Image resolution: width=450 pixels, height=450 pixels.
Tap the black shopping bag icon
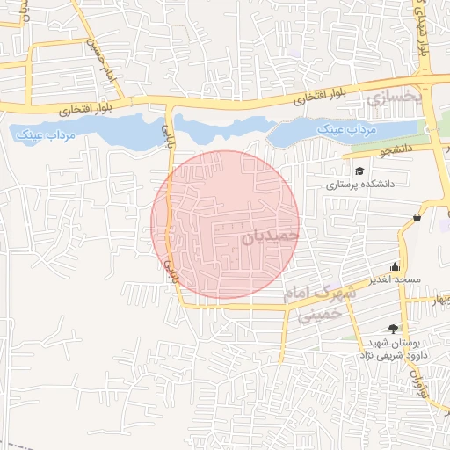pyautogui.click(x=416, y=217)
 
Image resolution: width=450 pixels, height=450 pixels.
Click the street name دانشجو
pyautogui.click(x=396, y=150)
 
